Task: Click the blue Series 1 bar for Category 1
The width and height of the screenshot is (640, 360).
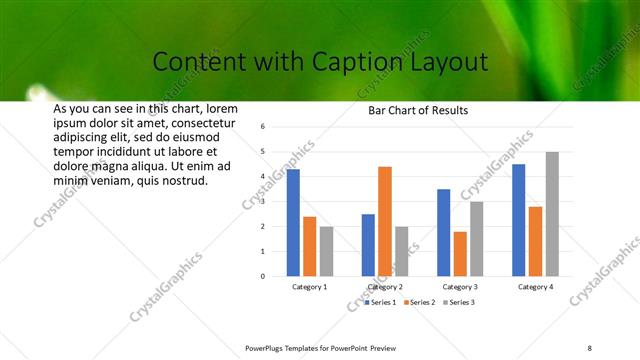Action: [x=293, y=223]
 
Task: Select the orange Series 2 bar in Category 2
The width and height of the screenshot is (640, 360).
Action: [x=385, y=221]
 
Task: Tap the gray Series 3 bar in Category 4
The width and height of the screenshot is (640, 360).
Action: [x=552, y=214]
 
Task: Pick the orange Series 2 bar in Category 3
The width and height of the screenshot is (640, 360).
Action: [x=460, y=254]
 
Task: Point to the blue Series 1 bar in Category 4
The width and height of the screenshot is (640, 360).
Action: [x=518, y=220]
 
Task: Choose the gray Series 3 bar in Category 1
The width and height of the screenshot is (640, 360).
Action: [x=327, y=251]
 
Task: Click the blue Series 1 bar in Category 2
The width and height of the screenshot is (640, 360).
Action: [x=368, y=245]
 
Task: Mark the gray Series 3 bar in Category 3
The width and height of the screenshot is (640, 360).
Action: [x=477, y=239]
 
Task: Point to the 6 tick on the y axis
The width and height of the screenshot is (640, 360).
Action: [x=262, y=127]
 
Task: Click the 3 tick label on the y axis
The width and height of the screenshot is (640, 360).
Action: [x=262, y=201]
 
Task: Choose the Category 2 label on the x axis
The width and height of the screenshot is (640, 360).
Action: [x=385, y=287]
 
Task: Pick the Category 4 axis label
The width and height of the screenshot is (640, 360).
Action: [x=535, y=287]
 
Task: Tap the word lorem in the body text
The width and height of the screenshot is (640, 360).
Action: [x=221, y=108]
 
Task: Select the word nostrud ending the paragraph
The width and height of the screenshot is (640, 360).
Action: [x=186, y=181]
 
